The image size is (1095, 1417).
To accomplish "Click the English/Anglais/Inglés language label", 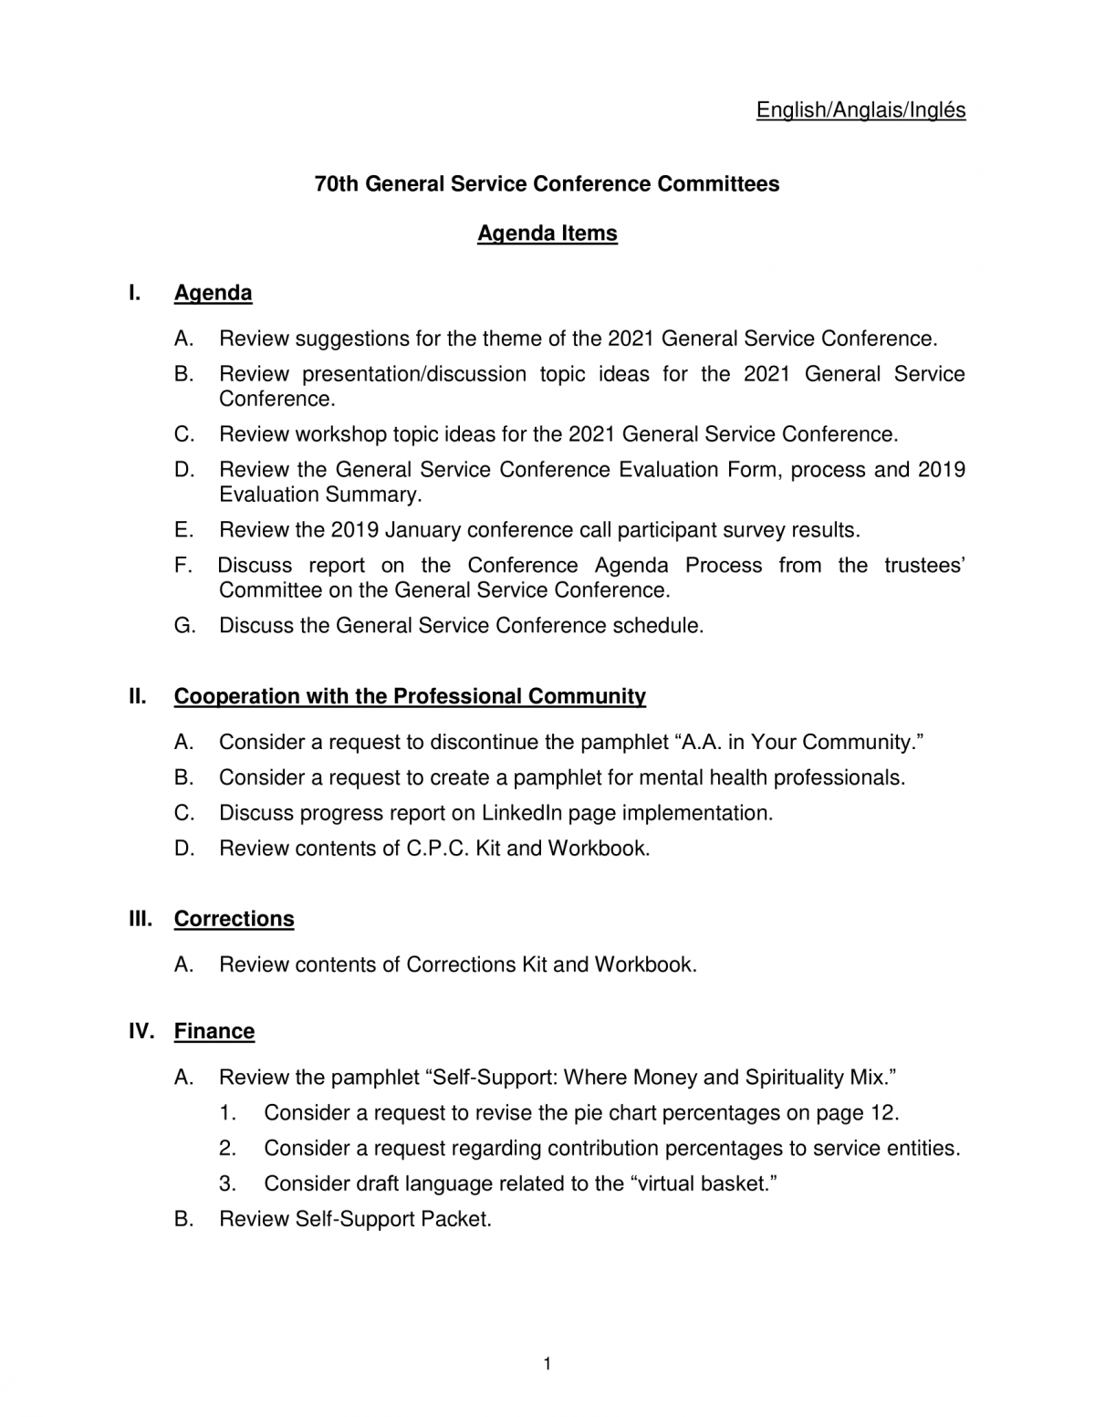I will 860,110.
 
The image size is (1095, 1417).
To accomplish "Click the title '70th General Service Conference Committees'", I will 547,184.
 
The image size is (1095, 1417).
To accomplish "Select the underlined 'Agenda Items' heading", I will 547,234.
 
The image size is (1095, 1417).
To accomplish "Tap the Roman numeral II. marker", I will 138,696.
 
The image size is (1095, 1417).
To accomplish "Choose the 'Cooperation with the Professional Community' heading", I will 410,696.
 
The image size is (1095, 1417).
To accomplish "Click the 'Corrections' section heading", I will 234,919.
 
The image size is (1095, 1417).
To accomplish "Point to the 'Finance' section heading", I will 214,1031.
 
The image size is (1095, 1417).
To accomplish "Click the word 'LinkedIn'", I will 524,813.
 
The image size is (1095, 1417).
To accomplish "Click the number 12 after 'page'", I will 881,1113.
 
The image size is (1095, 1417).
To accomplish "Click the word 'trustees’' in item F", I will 923,566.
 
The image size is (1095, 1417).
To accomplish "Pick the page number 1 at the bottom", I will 547,1364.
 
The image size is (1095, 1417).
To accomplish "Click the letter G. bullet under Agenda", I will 185,626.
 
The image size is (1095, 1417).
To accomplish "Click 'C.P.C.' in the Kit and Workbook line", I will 438,849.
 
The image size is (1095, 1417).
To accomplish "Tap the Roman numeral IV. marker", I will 141,1031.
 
